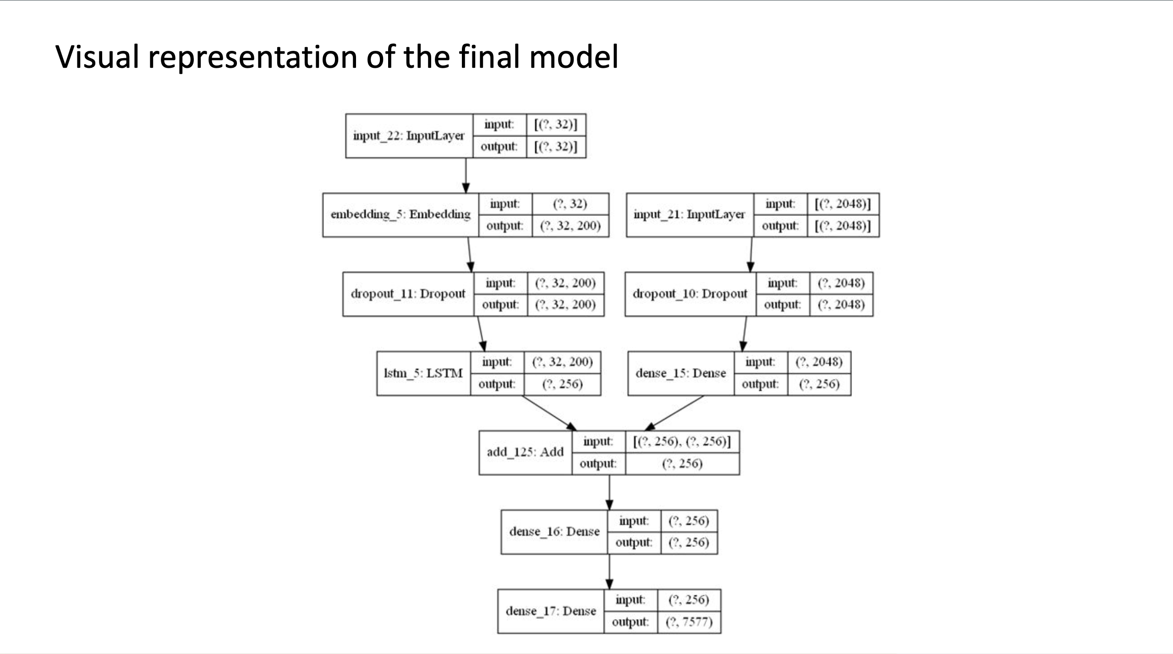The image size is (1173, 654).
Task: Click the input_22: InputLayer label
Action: [408, 136]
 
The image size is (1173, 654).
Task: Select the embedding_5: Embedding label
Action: [400, 215]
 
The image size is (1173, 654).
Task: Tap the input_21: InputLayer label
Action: [689, 215]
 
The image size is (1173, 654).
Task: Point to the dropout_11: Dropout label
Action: [408, 294]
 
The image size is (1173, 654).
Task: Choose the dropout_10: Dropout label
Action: [690, 294]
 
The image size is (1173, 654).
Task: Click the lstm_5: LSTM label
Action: [423, 373]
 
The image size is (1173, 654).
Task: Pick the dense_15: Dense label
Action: [680, 373]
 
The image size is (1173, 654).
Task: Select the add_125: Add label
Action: [525, 452]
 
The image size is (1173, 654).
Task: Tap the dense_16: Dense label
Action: [554, 532]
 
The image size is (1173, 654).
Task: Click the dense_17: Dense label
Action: [551, 611]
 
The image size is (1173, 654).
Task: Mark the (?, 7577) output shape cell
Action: [689, 622]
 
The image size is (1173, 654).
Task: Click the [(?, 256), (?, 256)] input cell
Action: [682, 441]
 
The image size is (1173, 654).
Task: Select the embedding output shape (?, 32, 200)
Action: [570, 226]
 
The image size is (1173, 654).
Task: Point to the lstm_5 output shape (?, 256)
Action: [562, 384]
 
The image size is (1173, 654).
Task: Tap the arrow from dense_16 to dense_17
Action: [609, 572]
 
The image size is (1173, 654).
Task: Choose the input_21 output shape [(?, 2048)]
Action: [842, 226]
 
